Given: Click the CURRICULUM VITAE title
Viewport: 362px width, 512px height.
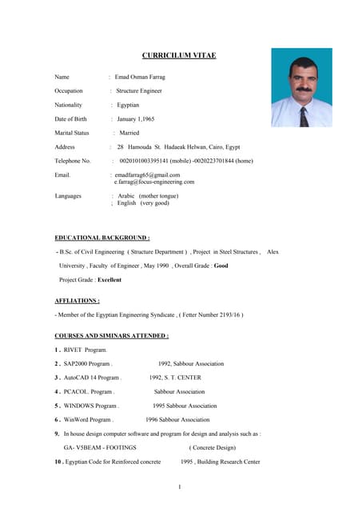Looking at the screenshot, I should pos(179,55).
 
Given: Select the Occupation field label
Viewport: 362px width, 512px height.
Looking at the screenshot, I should pos(69,91).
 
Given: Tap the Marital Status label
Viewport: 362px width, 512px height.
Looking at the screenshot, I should pos(72,133).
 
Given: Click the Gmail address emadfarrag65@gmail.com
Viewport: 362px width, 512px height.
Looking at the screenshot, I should pos(147,174).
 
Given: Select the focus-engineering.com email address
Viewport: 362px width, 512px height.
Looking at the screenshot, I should pos(154,182).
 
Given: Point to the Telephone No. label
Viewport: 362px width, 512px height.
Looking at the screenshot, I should pos(73,161).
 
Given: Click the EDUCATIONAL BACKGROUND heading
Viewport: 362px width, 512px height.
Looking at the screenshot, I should pos(101,238).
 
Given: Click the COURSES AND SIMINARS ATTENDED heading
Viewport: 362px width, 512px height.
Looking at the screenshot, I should pos(111,335).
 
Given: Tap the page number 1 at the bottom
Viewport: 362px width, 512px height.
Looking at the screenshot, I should pos(181,487).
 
